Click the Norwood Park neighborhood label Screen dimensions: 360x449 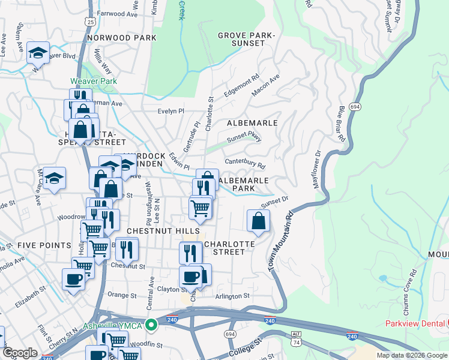[x=121, y=38]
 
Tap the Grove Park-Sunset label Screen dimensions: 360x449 [x=246, y=40]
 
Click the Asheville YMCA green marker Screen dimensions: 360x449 [x=151, y=326]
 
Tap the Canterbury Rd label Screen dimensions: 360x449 [x=245, y=163]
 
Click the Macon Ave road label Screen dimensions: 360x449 [x=266, y=86]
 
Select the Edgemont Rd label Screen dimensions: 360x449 [x=241, y=85]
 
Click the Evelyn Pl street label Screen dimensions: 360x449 [x=170, y=112]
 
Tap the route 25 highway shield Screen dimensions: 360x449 [x=90, y=21]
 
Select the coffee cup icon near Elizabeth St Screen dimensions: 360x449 [x=74, y=279]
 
